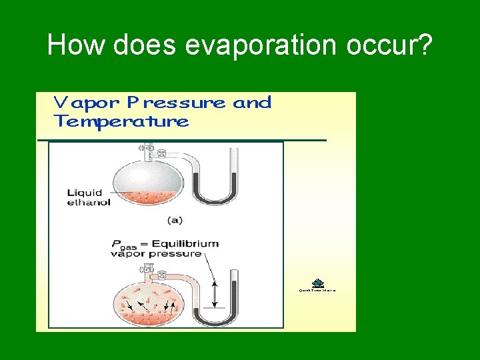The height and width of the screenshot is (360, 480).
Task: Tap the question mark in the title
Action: pyautogui.click(x=424, y=45)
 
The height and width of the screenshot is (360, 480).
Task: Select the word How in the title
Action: pyautogui.click(x=78, y=45)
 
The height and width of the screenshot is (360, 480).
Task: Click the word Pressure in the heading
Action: pyautogui.click(x=175, y=103)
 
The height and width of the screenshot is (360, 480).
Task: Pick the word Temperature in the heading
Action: pyautogui.click(x=121, y=122)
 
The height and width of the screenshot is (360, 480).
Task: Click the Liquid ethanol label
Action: pyautogui.click(x=89, y=198)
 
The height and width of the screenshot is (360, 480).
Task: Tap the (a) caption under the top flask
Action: pyautogui.click(x=174, y=219)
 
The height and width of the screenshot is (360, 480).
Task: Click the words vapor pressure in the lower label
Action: pyautogui.click(x=156, y=254)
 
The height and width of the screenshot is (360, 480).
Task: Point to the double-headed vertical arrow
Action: pyautogui.click(x=214, y=293)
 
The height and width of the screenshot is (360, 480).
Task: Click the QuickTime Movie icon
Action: pyautogui.click(x=317, y=283)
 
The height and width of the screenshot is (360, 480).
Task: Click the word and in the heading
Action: pyautogui.click(x=252, y=103)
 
